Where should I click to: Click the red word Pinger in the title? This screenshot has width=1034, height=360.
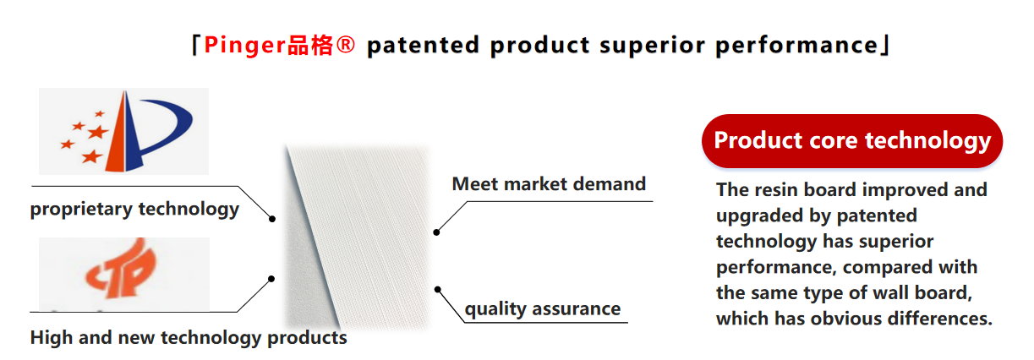[x=245, y=46]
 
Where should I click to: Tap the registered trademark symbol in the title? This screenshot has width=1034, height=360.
[x=345, y=45]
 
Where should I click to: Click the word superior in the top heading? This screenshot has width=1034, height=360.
[x=652, y=46]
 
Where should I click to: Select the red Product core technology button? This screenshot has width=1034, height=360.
[x=852, y=141]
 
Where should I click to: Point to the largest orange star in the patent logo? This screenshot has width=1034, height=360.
[x=98, y=133]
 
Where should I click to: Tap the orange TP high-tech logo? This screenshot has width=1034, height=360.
[x=121, y=269]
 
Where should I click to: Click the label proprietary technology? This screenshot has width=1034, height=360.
[x=134, y=209]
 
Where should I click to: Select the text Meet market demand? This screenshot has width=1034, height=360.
[x=549, y=183]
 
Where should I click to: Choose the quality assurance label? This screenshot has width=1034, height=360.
[x=543, y=308]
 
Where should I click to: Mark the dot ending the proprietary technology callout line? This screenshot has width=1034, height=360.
[x=272, y=219]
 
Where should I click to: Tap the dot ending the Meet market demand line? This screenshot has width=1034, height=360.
[x=436, y=232]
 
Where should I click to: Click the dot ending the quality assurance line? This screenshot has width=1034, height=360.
[x=438, y=289]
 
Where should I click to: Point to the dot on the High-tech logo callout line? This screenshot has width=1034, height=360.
[x=271, y=279]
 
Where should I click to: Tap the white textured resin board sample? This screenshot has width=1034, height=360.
[x=358, y=237]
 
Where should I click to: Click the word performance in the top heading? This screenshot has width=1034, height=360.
[x=796, y=46]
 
